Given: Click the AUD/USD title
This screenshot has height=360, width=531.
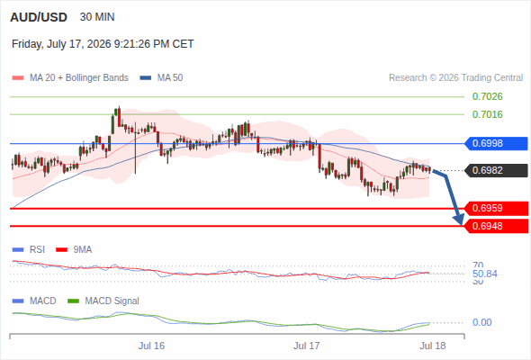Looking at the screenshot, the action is pyautogui.click(x=39, y=17).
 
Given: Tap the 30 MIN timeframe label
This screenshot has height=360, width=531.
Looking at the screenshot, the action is pyautogui.click(x=97, y=17).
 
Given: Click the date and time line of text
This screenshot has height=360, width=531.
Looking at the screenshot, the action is pyautogui.click(x=103, y=44).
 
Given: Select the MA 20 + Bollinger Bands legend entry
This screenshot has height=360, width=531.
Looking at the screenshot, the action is pyautogui.click(x=70, y=78).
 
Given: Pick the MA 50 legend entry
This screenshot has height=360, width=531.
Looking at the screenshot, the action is pyautogui.click(x=161, y=78).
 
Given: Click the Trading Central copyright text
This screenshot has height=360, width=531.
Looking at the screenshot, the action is pyautogui.click(x=455, y=78).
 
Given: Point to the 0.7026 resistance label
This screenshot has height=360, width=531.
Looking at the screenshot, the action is pyautogui.click(x=487, y=96).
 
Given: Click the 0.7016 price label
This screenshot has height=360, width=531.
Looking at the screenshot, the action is pyautogui.click(x=487, y=114).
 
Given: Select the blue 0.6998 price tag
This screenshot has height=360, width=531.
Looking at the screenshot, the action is pyautogui.click(x=495, y=143).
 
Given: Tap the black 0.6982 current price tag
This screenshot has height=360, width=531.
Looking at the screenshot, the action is pyautogui.click(x=496, y=170).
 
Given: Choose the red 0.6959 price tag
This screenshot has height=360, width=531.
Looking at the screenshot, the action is pyautogui.click(x=496, y=208).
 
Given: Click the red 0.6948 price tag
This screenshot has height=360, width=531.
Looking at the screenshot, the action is pyautogui.click(x=496, y=226).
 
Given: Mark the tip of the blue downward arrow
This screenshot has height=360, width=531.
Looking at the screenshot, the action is pyautogui.click(x=461, y=224).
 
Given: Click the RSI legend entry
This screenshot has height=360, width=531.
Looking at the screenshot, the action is pyautogui.click(x=29, y=249).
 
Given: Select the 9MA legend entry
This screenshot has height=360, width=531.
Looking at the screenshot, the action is pyautogui.click(x=74, y=249).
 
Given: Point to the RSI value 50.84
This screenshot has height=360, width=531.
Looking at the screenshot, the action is pyautogui.click(x=485, y=274).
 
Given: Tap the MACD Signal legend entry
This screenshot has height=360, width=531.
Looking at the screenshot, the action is pyautogui.click(x=103, y=301).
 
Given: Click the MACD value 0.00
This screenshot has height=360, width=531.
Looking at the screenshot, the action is pyautogui.click(x=481, y=322).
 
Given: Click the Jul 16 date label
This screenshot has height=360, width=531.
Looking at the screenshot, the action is pyautogui.click(x=151, y=346).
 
